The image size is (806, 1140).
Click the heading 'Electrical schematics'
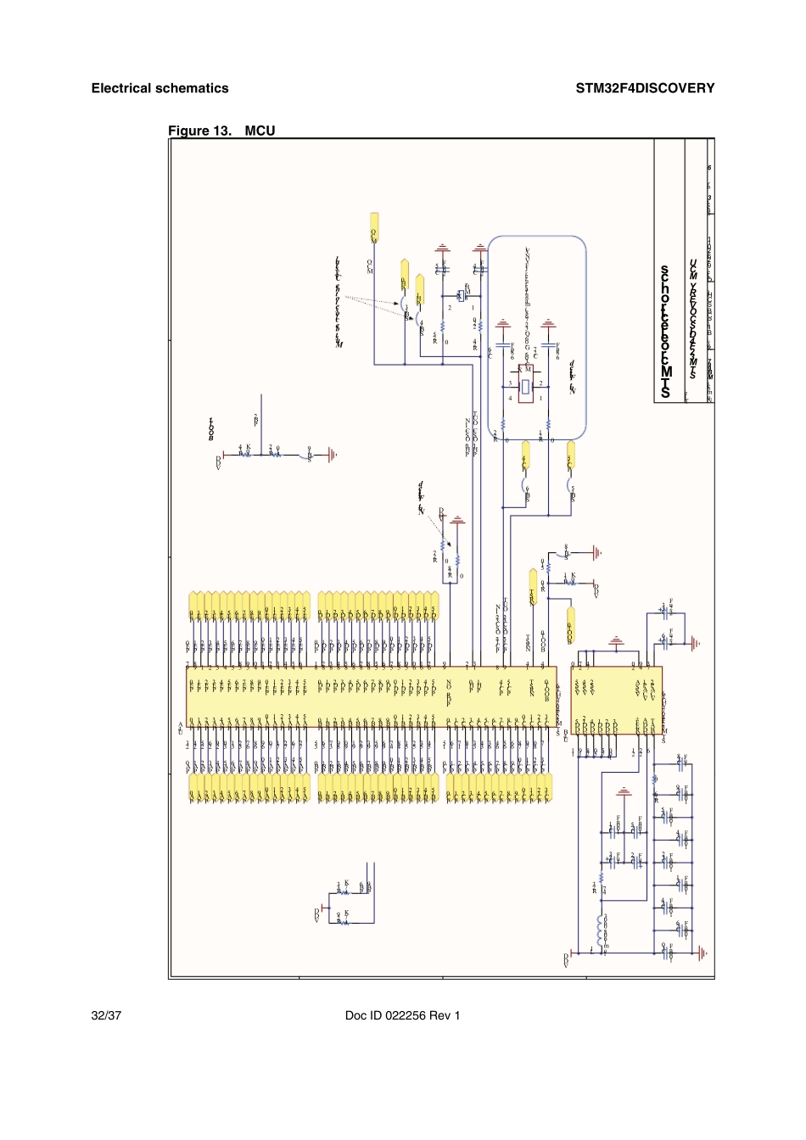click(x=160, y=88)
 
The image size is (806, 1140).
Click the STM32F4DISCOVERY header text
click(x=645, y=88)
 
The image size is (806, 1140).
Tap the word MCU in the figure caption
click(x=260, y=131)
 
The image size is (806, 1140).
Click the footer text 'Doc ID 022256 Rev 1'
click(x=402, y=1015)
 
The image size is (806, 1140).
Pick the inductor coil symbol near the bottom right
click(x=601, y=930)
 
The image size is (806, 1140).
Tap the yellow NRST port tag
click(x=533, y=585)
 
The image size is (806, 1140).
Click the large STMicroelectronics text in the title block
click(x=665, y=331)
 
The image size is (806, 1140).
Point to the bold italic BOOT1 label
click(x=211, y=429)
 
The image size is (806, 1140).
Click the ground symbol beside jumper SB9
click(x=332, y=455)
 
